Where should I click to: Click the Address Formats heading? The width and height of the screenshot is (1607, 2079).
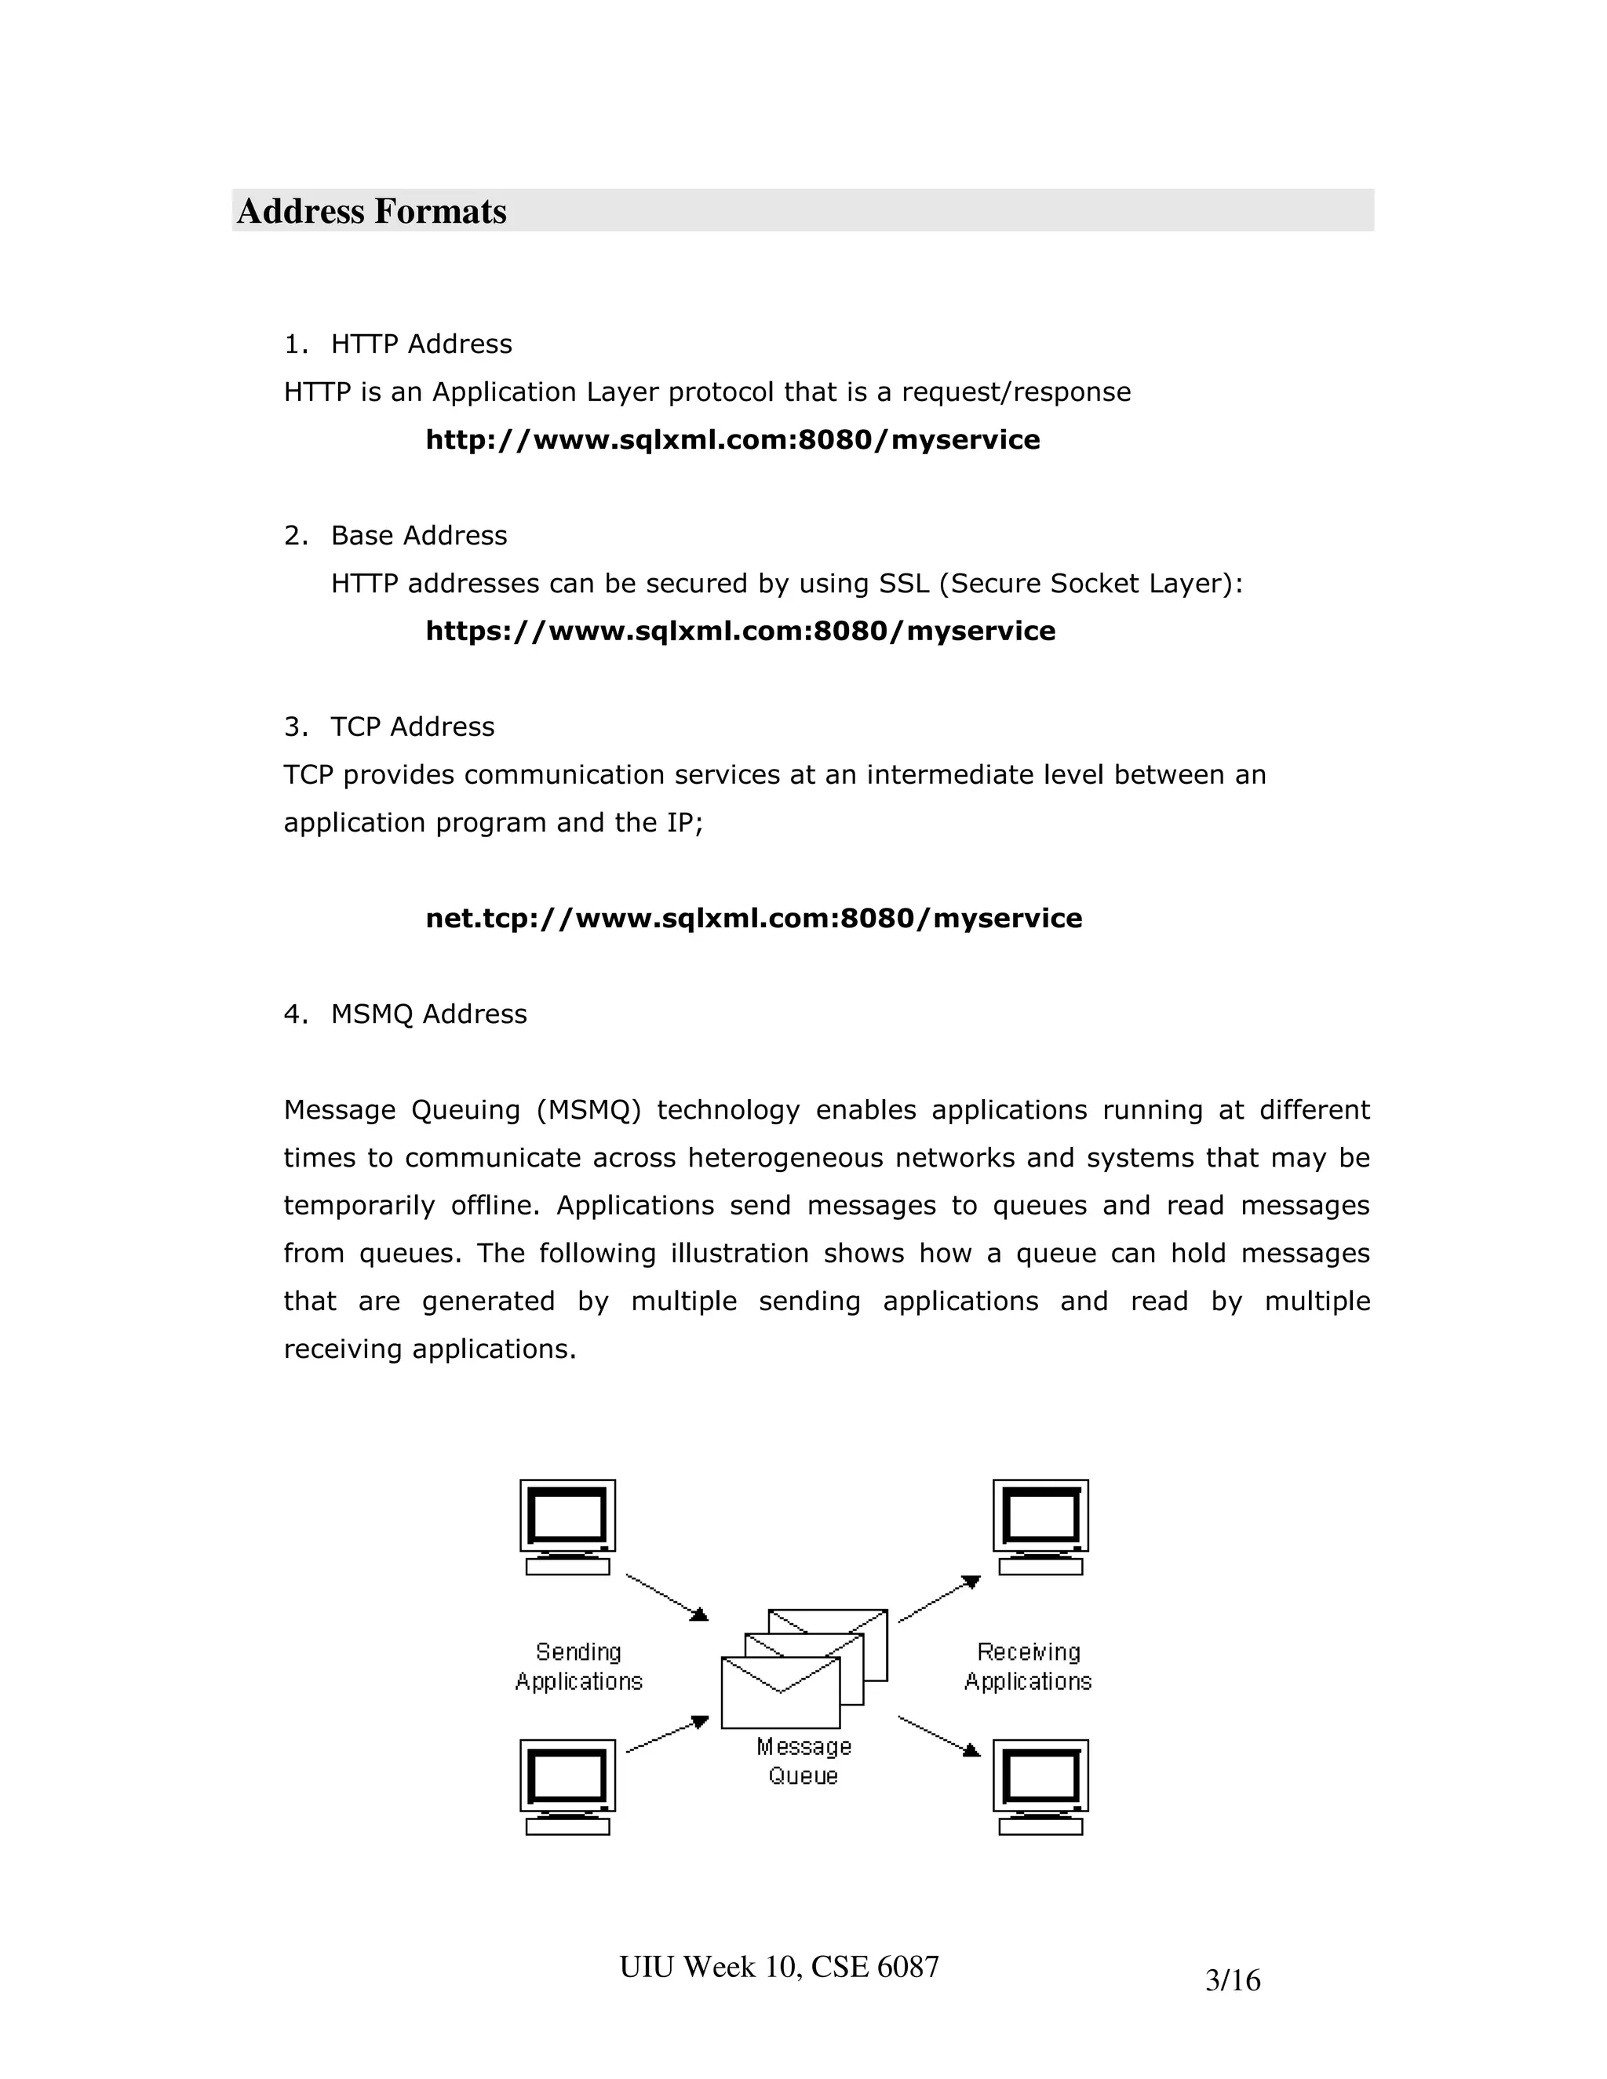pyautogui.click(x=371, y=211)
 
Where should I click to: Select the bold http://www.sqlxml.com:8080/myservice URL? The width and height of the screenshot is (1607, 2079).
pyautogui.click(x=732, y=440)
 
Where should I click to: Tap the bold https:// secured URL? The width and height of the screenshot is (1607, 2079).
pyautogui.click(x=740, y=631)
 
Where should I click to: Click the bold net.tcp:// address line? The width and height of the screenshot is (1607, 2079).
pyautogui.click(x=753, y=919)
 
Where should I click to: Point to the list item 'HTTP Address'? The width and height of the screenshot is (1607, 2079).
pyautogui.click(x=421, y=344)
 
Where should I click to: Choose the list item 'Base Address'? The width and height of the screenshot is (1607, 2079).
pyautogui.click(x=418, y=535)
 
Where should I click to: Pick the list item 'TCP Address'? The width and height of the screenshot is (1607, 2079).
pyautogui.click(x=412, y=726)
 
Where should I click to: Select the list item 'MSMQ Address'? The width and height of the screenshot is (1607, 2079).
pyautogui.click(x=428, y=1014)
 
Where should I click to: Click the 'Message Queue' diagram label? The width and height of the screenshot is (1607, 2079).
pyautogui.click(x=803, y=1761)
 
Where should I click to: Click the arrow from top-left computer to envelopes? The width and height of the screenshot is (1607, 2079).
pyautogui.click(x=666, y=1597)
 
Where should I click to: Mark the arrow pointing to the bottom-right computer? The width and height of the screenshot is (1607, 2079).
pyautogui.click(x=938, y=1735)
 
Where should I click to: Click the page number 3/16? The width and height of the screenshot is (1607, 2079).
pyautogui.click(x=1233, y=1981)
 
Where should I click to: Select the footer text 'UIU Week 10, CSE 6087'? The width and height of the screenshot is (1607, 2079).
pyautogui.click(x=778, y=1967)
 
